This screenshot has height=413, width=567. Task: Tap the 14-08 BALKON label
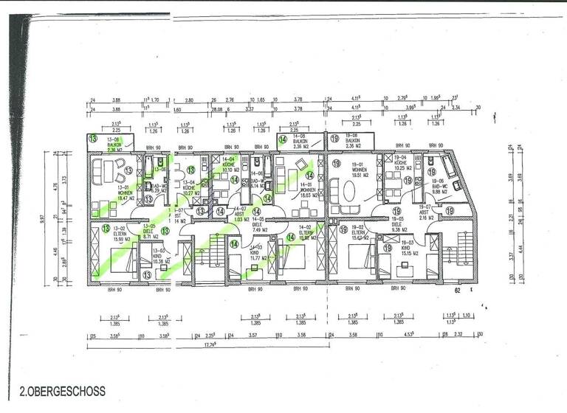tap(300, 142)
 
